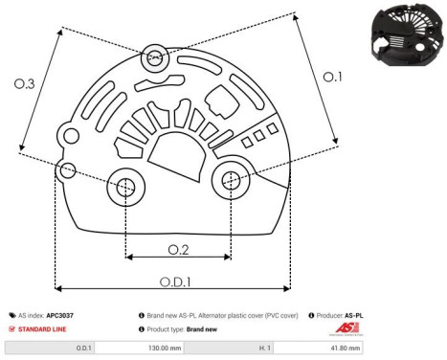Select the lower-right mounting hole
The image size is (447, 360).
point(231,179)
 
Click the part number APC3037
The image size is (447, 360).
point(62,314)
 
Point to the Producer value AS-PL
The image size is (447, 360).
point(354,314)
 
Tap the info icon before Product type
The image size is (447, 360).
point(142,328)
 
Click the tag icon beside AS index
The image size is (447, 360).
point(11,314)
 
